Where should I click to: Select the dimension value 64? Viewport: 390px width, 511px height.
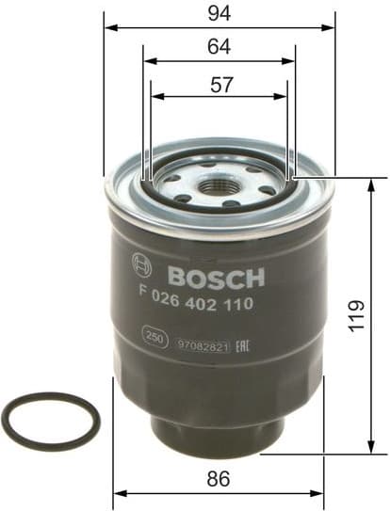point(219,46)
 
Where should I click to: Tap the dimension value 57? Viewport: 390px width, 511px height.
point(219,83)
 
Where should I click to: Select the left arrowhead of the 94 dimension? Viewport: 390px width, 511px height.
point(108,27)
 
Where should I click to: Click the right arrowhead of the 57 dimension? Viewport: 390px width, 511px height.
point(284,96)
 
